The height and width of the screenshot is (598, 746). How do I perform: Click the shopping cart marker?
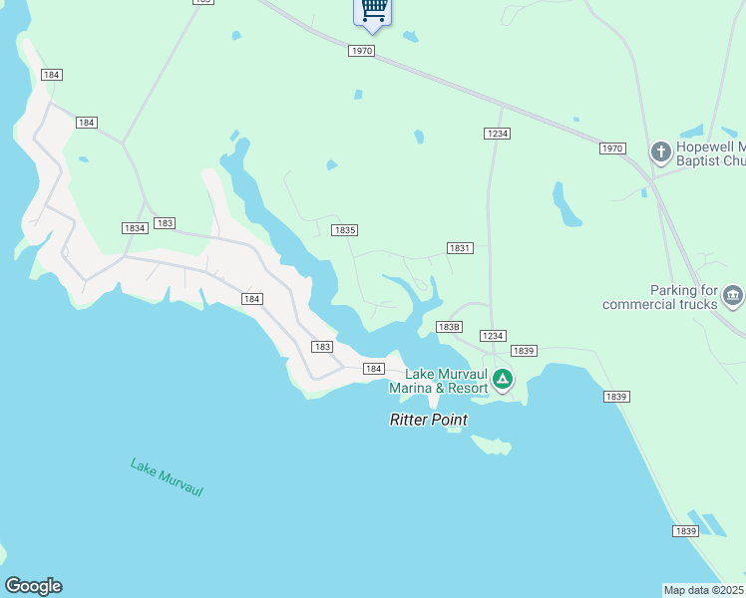click(x=373, y=10)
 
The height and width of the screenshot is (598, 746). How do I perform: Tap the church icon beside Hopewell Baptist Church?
click(x=660, y=152)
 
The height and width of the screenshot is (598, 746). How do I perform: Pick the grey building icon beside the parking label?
click(x=733, y=295)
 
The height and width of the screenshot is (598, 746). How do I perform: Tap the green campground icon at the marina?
click(x=503, y=380)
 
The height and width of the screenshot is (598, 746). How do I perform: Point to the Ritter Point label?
click(x=428, y=421)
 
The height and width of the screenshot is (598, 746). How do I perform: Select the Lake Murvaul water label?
click(x=167, y=477)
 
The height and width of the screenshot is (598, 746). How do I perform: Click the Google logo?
click(x=33, y=586)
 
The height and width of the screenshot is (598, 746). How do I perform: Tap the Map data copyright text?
click(x=704, y=590)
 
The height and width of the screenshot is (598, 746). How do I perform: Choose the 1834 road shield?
click(x=135, y=228)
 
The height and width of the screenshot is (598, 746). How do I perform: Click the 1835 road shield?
click(x=344, y=230)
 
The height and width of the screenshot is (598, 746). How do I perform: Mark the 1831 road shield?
click(x=459, y=248)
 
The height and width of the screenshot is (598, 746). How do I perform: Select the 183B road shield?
click(x=449, y=326)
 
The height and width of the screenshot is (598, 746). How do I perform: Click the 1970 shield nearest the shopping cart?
click(x=362, y=51)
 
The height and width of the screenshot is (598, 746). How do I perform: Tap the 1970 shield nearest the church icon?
click(x=612, y=149)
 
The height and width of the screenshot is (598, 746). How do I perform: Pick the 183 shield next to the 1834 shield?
click(x=166, y=223)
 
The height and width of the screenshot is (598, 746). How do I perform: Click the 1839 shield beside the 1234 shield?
click(x=524, y=351)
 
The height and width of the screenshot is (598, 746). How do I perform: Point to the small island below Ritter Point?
click(x=491, y=445)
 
